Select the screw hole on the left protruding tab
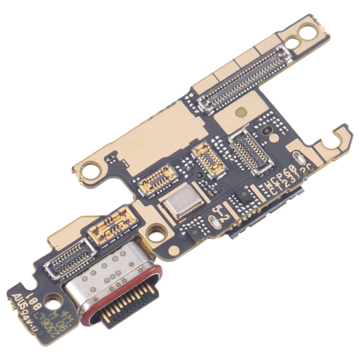[x=90, y=169]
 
